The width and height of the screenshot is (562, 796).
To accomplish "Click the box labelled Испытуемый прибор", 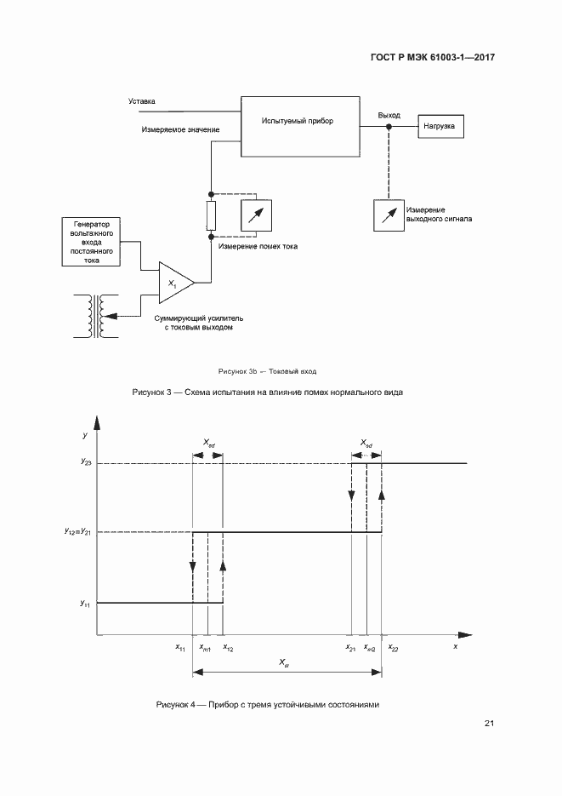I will pyautogui.click(x=297, y=125).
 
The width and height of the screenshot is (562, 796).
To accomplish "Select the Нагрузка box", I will pyautogui.click(x=440, y=127).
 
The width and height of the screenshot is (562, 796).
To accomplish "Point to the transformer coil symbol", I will pyautogui.click(x=95, y=315).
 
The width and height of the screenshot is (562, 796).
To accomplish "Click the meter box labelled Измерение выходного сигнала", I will pyautogui.click(x=388, y=214).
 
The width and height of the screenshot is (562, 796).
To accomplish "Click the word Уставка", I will pyautogui.click(x=142, y=101).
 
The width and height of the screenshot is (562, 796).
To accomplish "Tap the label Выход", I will pyautogui.click(x=389, y=115).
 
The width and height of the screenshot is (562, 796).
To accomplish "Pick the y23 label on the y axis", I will pyautogui.click(x=87, y=463).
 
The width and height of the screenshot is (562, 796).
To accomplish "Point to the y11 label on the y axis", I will pyautogui.click(x=86, y=604).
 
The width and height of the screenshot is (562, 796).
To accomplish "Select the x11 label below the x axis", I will pyautogui.click(x=180, y=648).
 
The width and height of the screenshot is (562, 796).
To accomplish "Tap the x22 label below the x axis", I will pyautogui.click(x=392, y=648).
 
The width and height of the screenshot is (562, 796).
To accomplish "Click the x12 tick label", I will pyautogui.click(x=227, y=648).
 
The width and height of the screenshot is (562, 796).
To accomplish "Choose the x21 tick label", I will pyautogui.click(x=350, y=648).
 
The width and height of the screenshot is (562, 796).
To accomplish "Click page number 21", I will pyautogui.click(x=489, y=724).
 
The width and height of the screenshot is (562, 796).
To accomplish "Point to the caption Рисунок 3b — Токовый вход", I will pyautogui.click(x=267, y=371).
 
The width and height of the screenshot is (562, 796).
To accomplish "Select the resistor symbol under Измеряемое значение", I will pyautogui.click(x=211, y=215).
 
